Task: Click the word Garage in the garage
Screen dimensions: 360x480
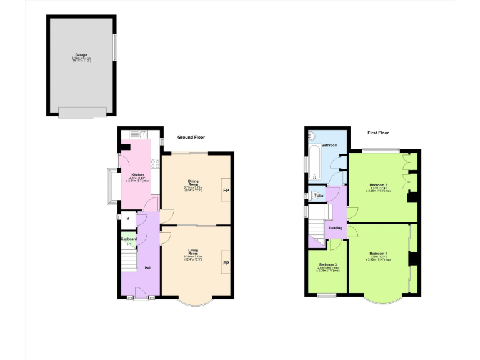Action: (82, 55)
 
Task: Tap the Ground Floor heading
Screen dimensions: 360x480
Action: (191, 137)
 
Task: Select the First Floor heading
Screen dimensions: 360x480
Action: (379, 133)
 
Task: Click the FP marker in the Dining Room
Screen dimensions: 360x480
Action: (226, 189)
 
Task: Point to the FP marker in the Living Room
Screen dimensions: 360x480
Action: (226, 262)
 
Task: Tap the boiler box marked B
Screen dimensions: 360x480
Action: (127, 218)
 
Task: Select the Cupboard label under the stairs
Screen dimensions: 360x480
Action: (129, 238)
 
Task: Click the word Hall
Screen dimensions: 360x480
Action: (148, 268)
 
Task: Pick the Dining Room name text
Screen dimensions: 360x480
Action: (194, 183)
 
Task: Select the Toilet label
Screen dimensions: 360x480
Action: (319, 196)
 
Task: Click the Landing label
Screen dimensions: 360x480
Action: (336, 228)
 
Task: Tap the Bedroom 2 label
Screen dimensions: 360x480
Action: (379, 185)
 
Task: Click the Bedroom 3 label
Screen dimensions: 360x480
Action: (327, 264)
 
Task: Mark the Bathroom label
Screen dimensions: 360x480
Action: (329, 145)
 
